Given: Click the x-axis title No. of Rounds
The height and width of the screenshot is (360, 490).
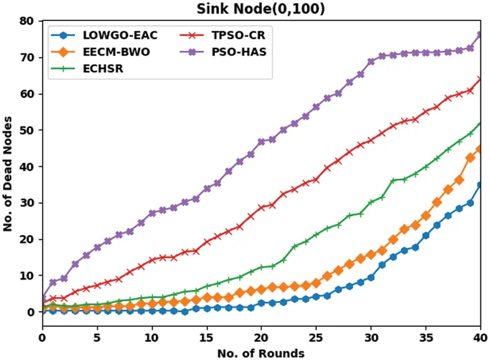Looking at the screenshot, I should [x=261, y=353].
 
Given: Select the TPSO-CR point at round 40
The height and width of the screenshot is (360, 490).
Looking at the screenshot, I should [x=480, y=79].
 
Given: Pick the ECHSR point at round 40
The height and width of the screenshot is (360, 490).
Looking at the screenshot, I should [x=480, y=124].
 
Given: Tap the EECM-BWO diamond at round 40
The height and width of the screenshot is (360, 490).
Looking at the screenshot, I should [x=480, y=149].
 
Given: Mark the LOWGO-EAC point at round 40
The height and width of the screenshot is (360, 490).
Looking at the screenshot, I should [x=480, y=185].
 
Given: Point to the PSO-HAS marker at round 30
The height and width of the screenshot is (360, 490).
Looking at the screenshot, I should [x=371, y=62].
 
